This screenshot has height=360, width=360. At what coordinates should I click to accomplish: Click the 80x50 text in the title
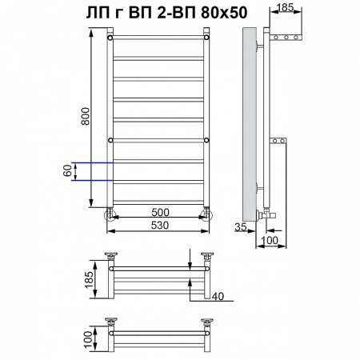[x=224, y=13]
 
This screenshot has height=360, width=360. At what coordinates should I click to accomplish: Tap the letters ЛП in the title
[x=98, y=13]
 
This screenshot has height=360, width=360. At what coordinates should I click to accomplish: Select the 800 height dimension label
[x=86, y=116]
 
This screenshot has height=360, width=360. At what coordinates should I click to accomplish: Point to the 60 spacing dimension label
[x=67, y=170]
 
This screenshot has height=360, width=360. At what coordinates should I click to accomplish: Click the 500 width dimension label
[x=160, y=213]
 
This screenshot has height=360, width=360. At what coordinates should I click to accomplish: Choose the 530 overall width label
[x=160, y=226]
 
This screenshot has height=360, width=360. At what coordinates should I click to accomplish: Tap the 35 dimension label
[x=241, y=227]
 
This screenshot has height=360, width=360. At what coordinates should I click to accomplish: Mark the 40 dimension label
[x=218, y=296]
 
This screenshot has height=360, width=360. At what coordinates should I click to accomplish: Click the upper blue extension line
[x=92, y=162]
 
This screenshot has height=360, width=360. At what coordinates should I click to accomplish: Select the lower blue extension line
[x=92, y=181]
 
